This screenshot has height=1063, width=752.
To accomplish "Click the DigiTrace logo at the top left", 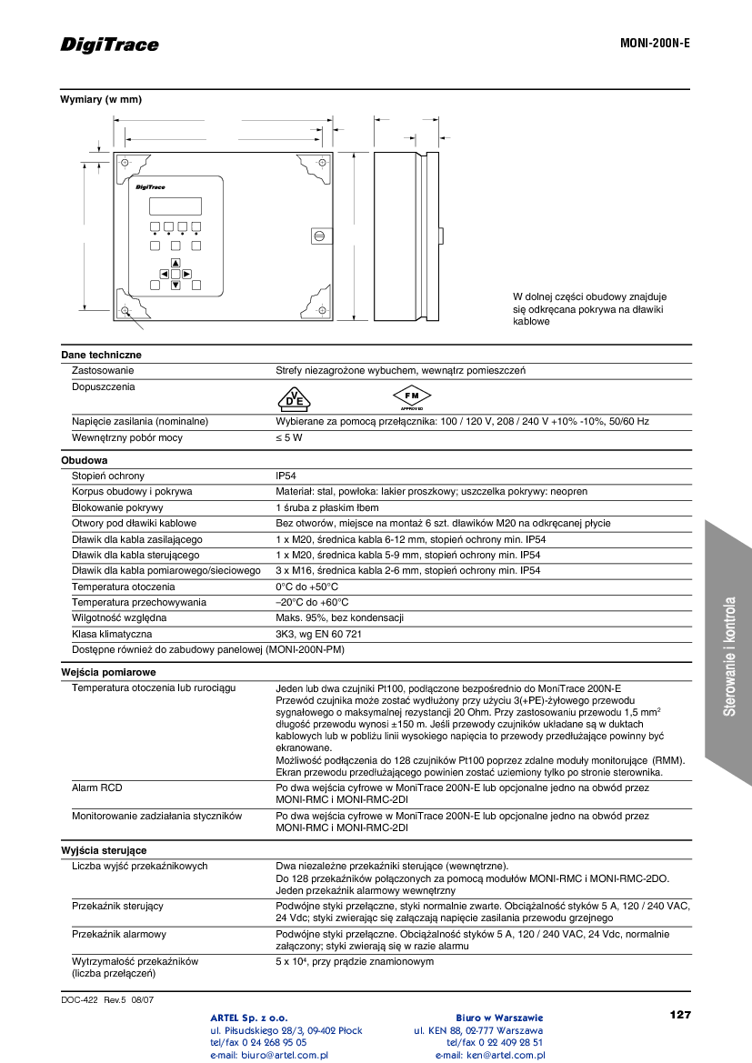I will tap(109, 45).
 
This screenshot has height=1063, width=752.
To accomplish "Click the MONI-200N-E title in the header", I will tap(654, 43).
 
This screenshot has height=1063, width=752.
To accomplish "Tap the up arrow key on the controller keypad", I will tap(175, 263).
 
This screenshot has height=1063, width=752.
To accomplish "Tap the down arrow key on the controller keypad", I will tap(175, 285).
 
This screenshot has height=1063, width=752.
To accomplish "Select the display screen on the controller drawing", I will tap(175, 206).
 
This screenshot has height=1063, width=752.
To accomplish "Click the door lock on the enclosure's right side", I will tap(319, 236).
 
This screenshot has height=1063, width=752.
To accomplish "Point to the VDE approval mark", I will tap(294, 397).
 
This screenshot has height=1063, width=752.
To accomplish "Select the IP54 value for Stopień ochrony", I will tap(286, 476).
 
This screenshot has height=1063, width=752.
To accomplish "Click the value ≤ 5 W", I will tap(289, 437).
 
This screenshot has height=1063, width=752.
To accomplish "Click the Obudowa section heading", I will tap(84, 460).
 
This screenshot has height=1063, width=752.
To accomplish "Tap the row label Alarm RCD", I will tap(96, 787).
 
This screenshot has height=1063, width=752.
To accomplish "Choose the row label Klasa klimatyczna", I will tap(112, 634).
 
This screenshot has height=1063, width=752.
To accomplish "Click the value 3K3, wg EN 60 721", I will tap(318, 634).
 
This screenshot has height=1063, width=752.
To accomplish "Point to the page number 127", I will tap(679, 1014).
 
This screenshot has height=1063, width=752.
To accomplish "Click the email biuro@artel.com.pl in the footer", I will tap(269, 1055).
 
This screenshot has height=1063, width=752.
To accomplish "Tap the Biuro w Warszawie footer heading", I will tap(498, 1017).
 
